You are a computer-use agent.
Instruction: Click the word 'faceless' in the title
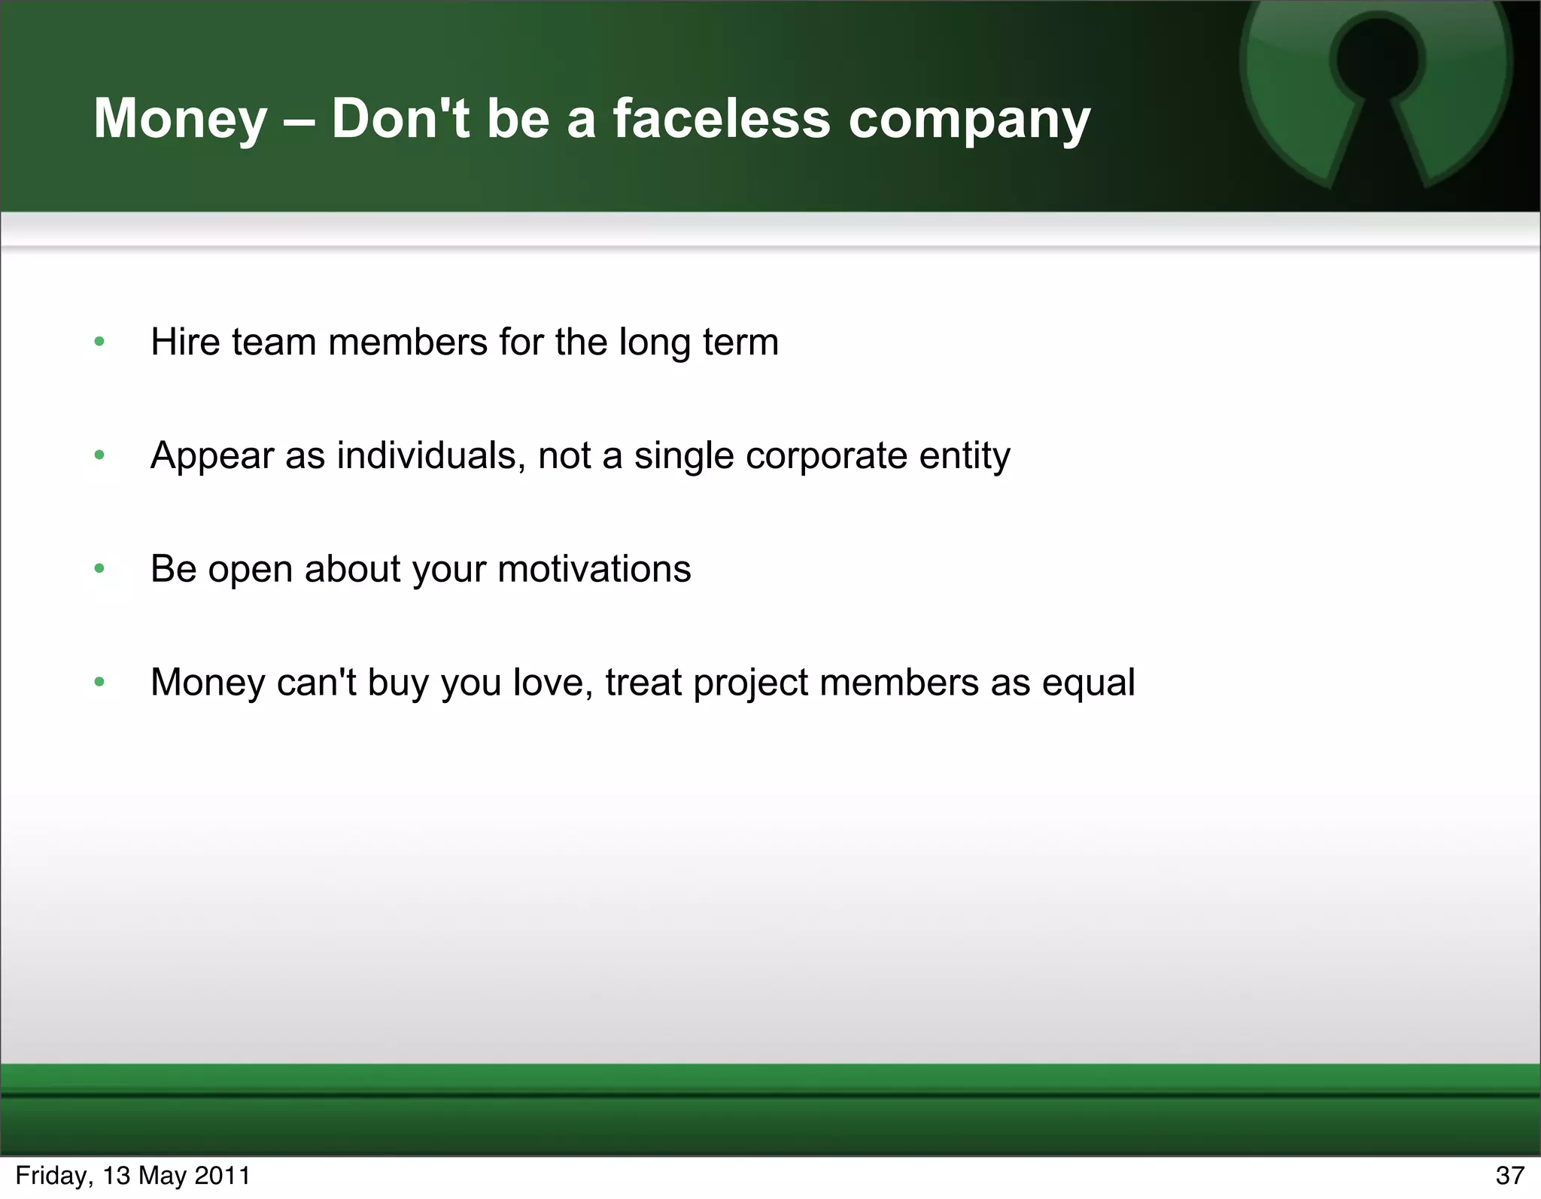click(721, 119)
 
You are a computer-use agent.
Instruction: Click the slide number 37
click(1509, 1176)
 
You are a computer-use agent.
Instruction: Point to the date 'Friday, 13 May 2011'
click(132, 1176)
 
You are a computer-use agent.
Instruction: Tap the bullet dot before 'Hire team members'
click(99, 342)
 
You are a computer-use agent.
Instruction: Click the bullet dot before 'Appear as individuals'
click(99, 455)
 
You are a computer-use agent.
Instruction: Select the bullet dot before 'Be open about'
click(99, 569)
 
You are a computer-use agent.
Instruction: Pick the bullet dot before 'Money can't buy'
click(99, 683)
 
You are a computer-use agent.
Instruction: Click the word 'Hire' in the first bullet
click(185, 342)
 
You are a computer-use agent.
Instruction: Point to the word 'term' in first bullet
click(740, 342)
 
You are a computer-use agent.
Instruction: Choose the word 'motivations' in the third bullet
click(594, 569)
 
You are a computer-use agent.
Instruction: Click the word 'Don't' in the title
click(401, 119)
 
